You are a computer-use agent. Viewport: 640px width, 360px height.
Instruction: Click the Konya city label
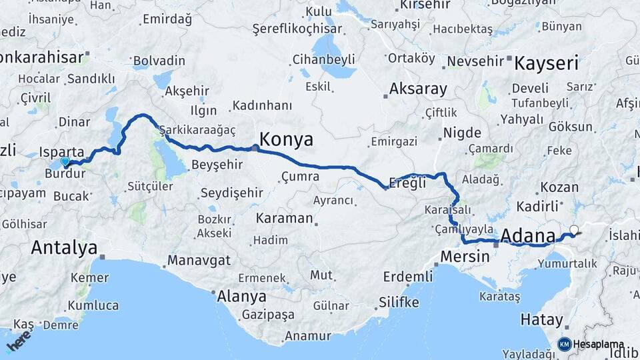[286, 139]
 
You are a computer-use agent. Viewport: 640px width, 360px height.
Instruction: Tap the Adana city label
[527, 235]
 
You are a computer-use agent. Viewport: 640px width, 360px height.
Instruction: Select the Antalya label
[64, 248]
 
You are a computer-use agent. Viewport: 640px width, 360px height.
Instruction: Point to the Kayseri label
[546, 64]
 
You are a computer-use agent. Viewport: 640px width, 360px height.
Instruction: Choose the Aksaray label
[418, 89]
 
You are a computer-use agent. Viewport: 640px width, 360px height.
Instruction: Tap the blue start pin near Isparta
[65, 161]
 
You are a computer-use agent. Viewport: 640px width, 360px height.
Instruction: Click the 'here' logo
[19, 341]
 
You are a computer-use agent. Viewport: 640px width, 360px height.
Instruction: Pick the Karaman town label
[284, 218]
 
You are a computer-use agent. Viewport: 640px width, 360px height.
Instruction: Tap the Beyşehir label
[219, 164]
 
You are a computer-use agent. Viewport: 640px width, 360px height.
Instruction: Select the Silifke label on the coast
[399, 302]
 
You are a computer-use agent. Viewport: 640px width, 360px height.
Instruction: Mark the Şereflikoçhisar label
[297, 29]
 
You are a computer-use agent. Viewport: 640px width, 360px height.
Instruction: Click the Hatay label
[541, 320]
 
